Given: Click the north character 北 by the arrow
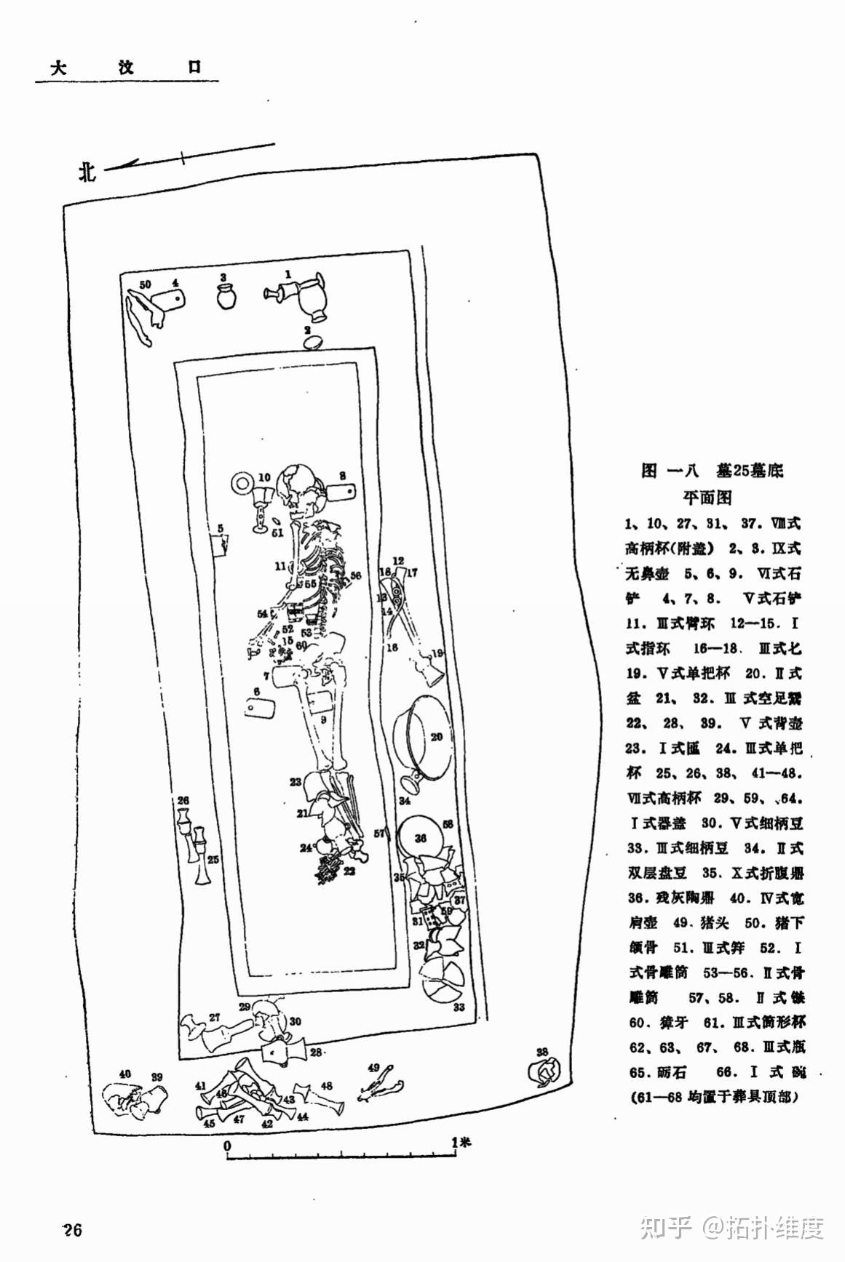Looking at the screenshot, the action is coord(87,172).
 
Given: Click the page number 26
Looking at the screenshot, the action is coord(72,1230).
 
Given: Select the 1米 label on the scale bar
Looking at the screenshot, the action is coord(461,1142).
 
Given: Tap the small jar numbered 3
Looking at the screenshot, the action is coord(227,297).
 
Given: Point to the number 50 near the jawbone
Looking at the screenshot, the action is coord(145,284).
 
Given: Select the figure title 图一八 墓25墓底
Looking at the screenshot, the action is coord(713,471).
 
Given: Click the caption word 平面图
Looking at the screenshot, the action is coord(707,498).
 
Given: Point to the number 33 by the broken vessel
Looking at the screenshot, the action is coord(459,1007).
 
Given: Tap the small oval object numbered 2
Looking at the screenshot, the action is coord(313,341).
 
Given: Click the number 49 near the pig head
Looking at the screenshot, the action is coord(374,1067).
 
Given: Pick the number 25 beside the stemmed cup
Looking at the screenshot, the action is coord(213,860).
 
